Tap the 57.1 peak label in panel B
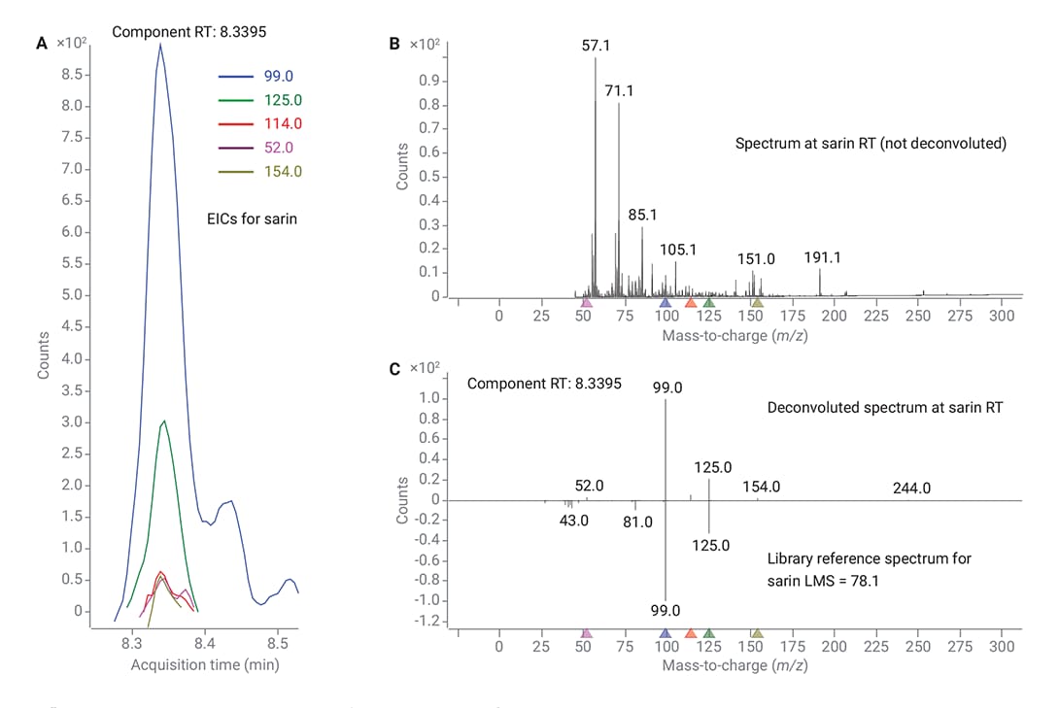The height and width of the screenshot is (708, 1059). pyautogui.click(x=596, y=45)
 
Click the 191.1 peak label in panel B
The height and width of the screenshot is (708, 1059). pyautogui.click(x=822, y=257)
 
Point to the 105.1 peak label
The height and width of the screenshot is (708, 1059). pyautogui.click(x=677, y=250)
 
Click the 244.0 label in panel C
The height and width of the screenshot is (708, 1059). pyautogui.click(x=911, y=489)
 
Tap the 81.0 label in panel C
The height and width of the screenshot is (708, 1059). pyautogui.click(x=637, y=522)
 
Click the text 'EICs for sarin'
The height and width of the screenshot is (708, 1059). pyautogui.click(x=253, y=219)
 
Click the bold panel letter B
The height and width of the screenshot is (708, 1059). pyautogui.click(x=393, y=44)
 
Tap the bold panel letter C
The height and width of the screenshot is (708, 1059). pyautogui.click(x=393, y=369)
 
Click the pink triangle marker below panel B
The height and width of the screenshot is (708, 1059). pyautogui.click(x=586, y=304)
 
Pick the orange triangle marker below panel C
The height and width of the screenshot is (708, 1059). pyautogui.click(x=690, y=633)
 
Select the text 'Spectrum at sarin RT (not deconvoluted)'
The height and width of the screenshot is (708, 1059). pyautogui.click(x=871, y=144)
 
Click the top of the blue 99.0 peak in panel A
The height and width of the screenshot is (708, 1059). pyautogui.click(x=160, y=44)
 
